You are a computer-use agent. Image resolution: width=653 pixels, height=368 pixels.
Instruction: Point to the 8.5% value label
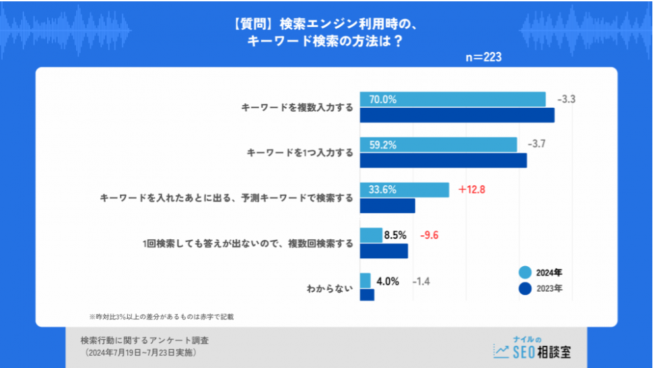[395, 235]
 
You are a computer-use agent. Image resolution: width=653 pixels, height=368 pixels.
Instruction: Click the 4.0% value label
[388, 281]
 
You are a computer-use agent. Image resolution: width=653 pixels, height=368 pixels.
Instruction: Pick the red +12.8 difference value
[471, 189]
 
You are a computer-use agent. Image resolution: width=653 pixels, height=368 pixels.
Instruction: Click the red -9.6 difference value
[430, 235]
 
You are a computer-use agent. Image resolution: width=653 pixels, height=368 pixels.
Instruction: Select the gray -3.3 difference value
[566, 99]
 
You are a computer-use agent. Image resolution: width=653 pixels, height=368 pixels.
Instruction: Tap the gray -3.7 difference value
[537, 144]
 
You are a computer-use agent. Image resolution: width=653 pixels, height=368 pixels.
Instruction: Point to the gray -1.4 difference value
[421, 281]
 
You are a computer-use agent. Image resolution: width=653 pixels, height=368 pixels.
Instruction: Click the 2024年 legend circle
[525, 272]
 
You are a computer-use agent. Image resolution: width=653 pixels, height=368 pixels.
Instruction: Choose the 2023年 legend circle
[525, 288]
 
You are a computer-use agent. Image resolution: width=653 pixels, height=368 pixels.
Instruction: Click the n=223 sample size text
[483, 57]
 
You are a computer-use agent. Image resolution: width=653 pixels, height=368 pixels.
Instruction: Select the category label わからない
[330, 289]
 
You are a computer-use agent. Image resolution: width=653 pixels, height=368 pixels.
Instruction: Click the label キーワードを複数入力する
[297, 107]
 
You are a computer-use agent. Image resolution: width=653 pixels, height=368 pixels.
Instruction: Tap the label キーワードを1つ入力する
[300, 153]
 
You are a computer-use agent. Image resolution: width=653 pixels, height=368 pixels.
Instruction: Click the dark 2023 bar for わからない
[367, 295]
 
